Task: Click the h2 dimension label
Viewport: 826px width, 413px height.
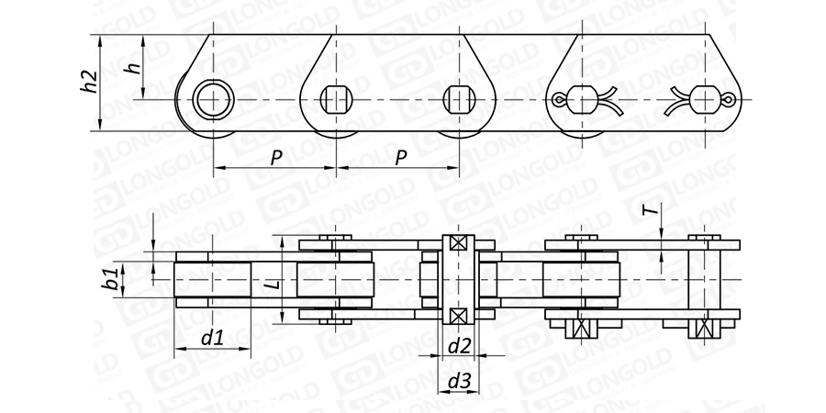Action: coord(90,82)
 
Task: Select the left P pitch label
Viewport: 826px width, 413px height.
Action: coord(276,158)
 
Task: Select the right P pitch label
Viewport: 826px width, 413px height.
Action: coord(401,158)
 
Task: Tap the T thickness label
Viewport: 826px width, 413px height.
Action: coord(653,210)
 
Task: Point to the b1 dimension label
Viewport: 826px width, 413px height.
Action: coord(111,278)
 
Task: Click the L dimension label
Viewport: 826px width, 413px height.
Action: coord(273,285)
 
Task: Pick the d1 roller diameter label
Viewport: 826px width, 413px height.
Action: coord(212,338)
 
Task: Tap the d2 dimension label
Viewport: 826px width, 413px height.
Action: coord(459,346)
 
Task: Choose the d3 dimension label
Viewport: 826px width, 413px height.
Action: coord(459,382)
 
